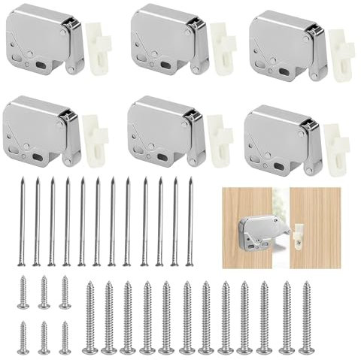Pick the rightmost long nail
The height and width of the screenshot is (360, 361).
pos(190,221)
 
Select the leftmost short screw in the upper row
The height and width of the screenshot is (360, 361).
pos(23,292)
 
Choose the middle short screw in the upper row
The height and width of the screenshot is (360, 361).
pos(44,292)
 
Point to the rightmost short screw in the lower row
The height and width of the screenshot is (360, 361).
pos(65,337)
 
